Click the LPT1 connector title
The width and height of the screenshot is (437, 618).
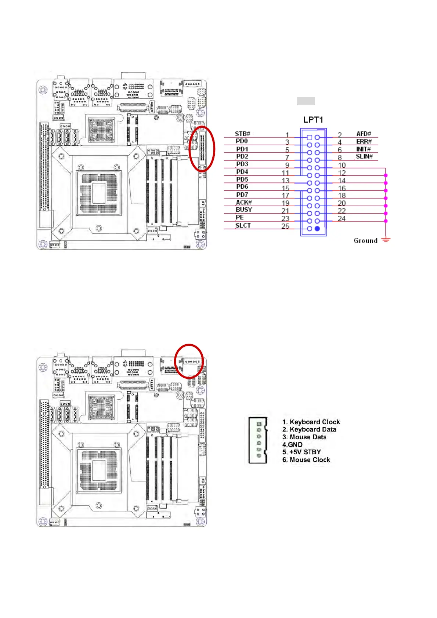click(x=313, y=120)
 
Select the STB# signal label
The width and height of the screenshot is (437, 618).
click(x=242, y=134)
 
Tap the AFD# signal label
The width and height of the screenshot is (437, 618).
click(x=364, y=134)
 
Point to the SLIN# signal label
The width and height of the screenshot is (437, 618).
click(x=364, y=157)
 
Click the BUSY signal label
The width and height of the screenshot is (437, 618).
click(x=244, y=210)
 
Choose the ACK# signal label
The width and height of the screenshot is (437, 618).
click(x=243, y=202)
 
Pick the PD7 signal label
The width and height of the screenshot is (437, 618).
click(x=242, y=195)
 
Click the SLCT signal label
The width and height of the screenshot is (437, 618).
click(x=243, y=225)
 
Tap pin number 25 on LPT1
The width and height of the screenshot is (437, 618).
click(x=285, y=226)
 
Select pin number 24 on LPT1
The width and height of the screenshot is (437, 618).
click(x=342, y=219)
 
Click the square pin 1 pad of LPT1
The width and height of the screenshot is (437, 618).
click(x=309, y=138)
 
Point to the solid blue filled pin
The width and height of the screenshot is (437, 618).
click(x=317, y=229)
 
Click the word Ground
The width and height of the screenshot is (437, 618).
click(x=365, y=241)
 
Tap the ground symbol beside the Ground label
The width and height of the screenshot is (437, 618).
click(x=386, y=240)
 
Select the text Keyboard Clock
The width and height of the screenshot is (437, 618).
click(x=315, y=422)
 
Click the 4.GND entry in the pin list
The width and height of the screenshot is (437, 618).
click(x=292, y=445)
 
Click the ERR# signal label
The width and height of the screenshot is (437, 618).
click(x=364, y=142)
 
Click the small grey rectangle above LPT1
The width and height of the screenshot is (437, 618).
click(x=306, y=101)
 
